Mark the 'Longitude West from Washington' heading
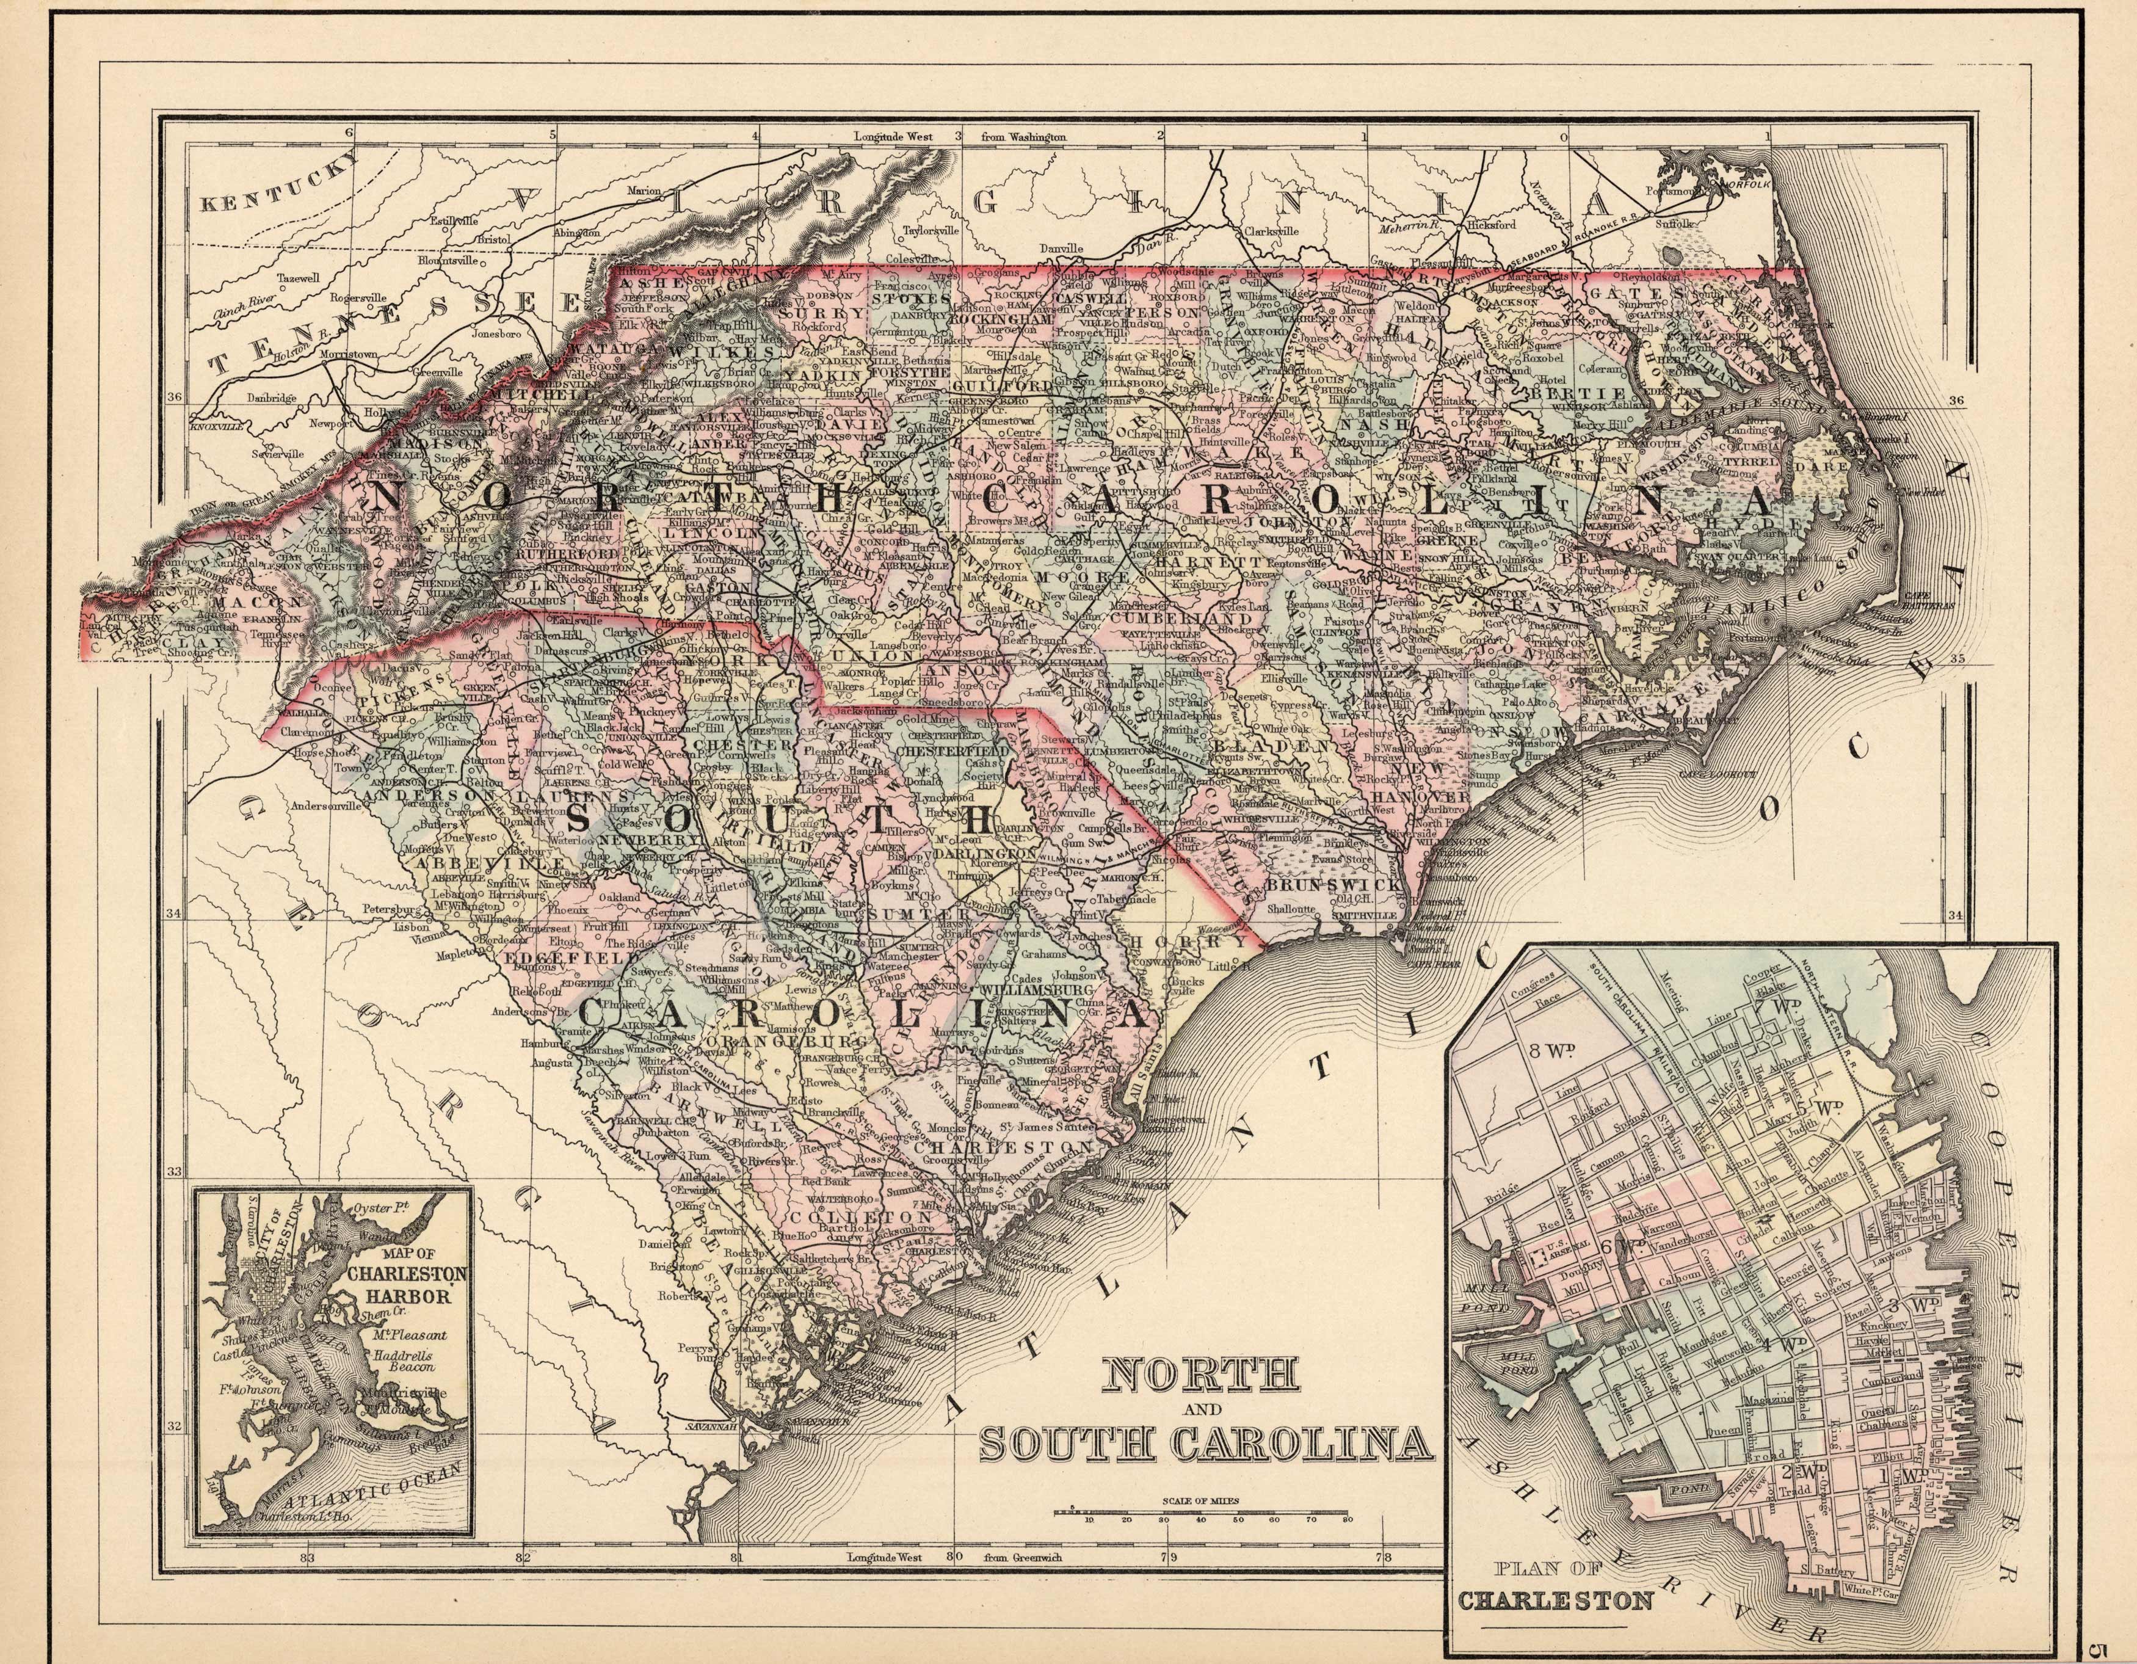[x=959, y=138]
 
